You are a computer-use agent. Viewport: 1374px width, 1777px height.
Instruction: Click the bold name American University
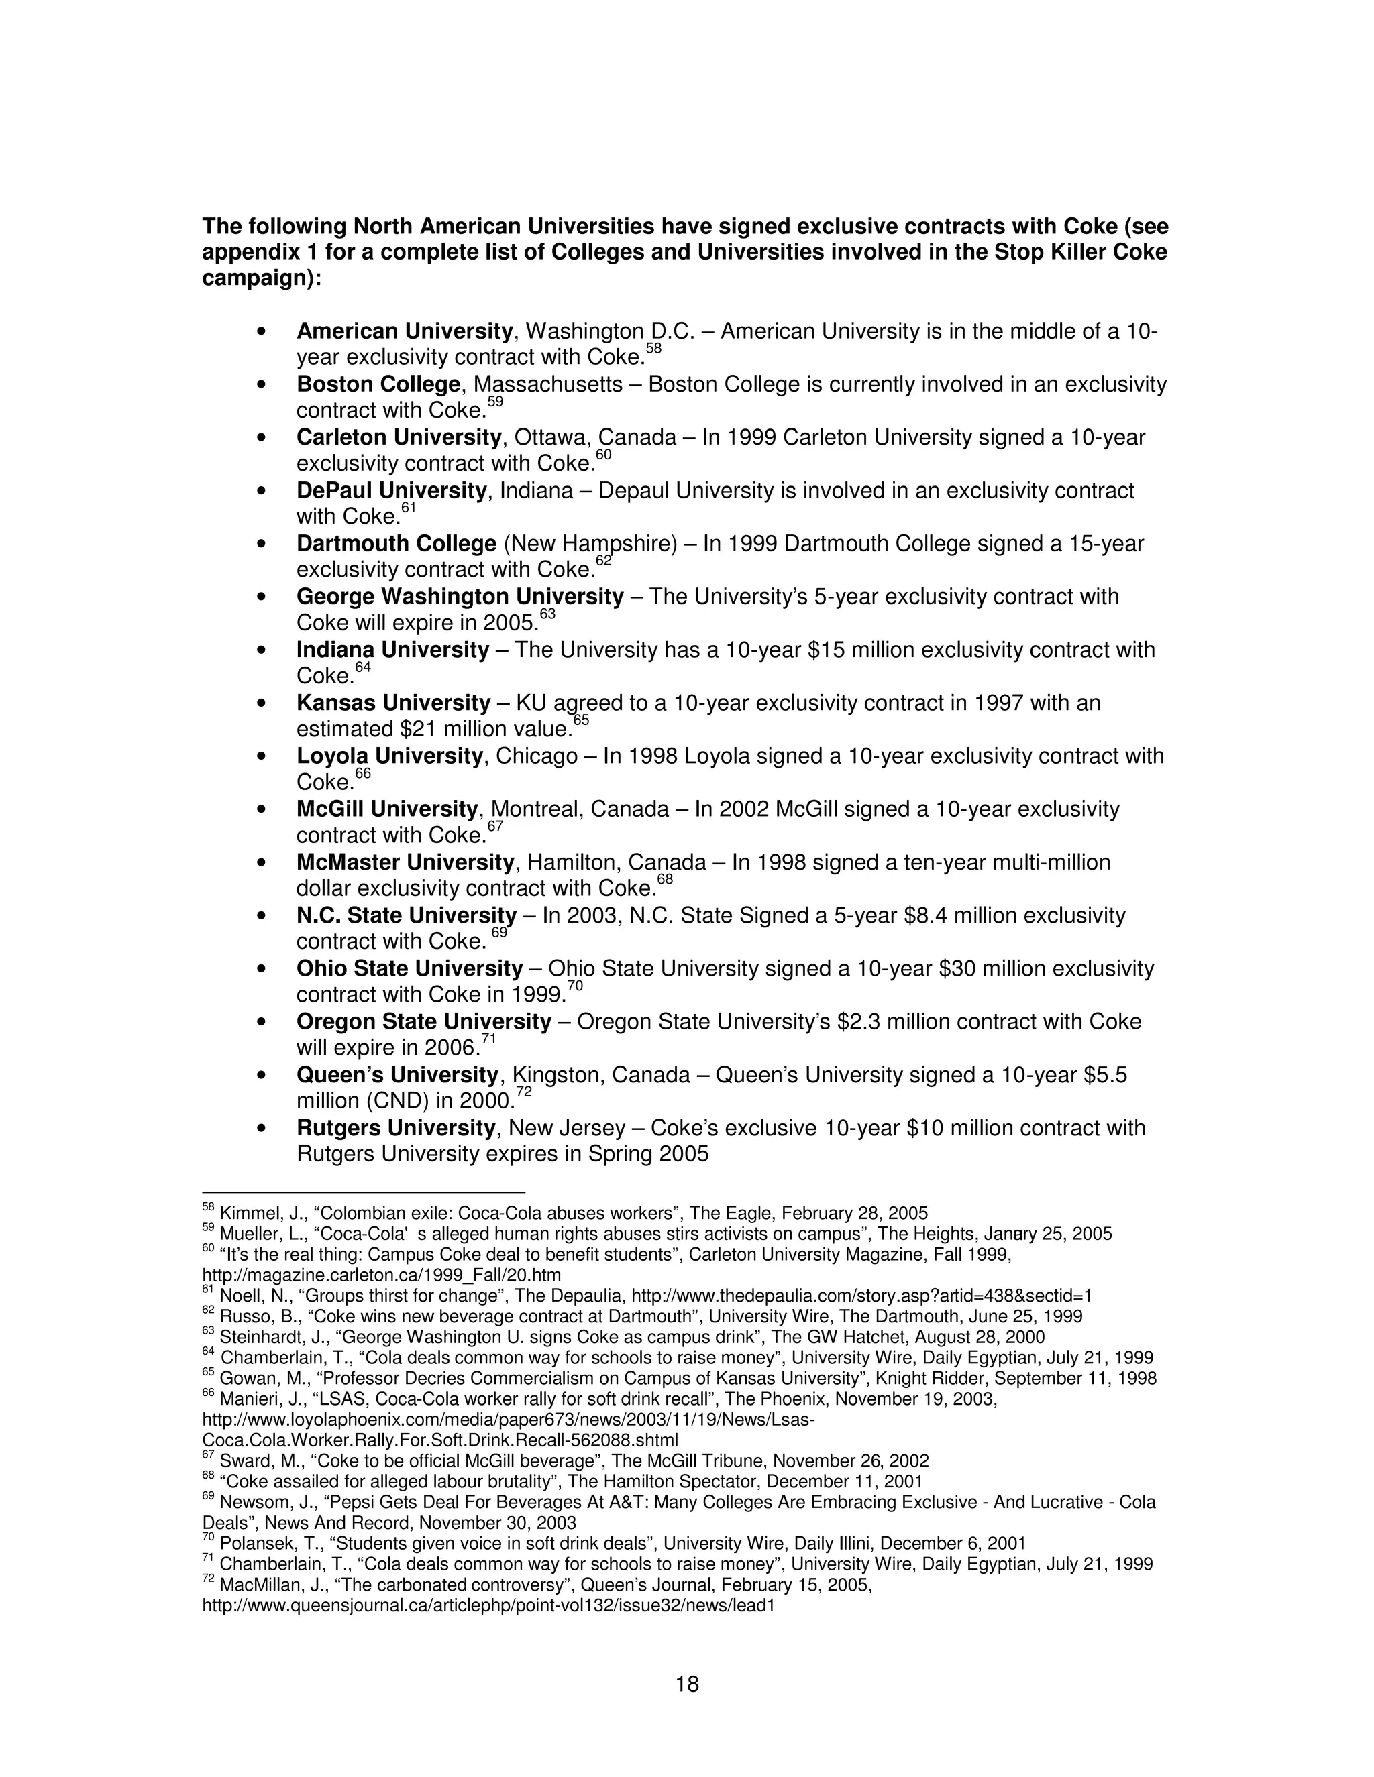tap(405, 331)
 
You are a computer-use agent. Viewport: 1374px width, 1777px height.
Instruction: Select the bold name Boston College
tap(378, 384)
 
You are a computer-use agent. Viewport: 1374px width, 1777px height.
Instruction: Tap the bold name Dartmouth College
tap(397, 544)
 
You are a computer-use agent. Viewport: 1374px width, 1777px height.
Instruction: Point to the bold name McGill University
tap(386, 809)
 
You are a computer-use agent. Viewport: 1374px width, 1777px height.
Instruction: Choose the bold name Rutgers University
tap(396, 1128)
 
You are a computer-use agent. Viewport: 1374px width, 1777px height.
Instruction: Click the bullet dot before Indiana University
tap(260, 650)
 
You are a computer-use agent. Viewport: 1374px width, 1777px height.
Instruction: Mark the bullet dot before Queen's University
tap(260, 1075)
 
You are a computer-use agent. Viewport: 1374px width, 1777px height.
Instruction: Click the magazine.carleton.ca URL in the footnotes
tap(381, 1275)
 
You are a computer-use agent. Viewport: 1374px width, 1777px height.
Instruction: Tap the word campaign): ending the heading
tap(261, 278)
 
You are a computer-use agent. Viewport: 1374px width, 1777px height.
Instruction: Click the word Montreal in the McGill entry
tap(537, 809)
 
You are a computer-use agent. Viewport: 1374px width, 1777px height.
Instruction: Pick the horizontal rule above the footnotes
tap(363, 1192)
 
